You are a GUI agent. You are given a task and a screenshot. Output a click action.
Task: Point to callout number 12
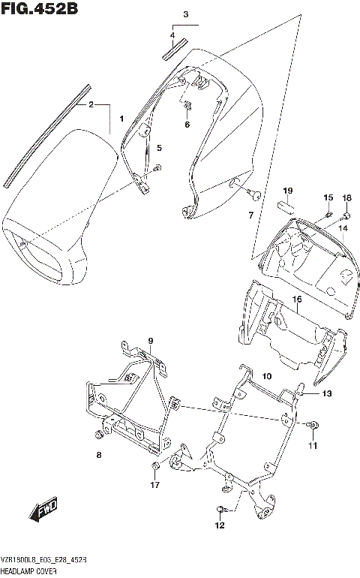click(220, 526)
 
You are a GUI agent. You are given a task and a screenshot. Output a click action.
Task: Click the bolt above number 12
click(221, 510)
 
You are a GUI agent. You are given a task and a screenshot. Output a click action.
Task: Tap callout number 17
click(154, 486)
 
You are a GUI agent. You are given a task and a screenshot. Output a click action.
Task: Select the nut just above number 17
click(154, 469)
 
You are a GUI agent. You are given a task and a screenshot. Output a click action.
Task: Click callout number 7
click(252, 216)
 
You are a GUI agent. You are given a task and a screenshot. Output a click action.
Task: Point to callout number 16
click(297, 299)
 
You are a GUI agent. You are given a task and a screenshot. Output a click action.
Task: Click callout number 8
click(98, 455)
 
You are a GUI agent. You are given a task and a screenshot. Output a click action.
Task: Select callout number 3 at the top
click(186, 14)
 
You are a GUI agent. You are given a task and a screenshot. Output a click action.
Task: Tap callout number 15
click(328, 197)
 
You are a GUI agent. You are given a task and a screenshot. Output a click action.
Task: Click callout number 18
click(346, 197)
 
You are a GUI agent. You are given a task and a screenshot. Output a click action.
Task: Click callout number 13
click(326, 393)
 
